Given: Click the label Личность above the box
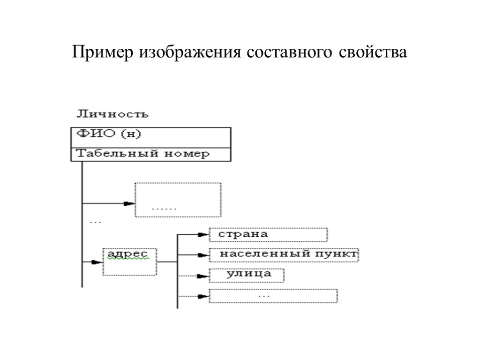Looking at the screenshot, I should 112,114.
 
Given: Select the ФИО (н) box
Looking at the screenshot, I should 150,137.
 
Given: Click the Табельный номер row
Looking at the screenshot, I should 150,154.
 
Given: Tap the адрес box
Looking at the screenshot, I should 129,261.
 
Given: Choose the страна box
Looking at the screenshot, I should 268,234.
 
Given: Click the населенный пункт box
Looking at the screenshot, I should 284,254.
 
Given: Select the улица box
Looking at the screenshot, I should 247,275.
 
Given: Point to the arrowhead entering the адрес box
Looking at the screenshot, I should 97,262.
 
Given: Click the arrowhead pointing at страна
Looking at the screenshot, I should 203,234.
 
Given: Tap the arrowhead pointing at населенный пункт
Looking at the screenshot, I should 203,255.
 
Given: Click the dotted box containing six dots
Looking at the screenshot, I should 178,200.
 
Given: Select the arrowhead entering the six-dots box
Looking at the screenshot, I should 129,204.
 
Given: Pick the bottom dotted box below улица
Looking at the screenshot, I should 273,296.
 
